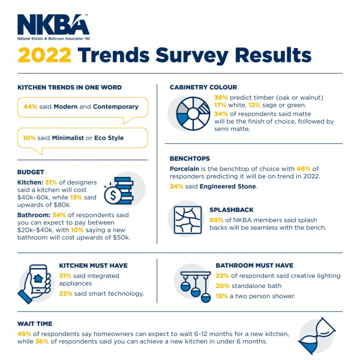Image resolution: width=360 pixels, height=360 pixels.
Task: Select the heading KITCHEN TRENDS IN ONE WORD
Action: (x=70, y=88)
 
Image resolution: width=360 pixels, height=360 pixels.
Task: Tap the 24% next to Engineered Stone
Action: (x=178, y=187)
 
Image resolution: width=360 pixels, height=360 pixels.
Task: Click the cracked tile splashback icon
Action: (x=187, y=220)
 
